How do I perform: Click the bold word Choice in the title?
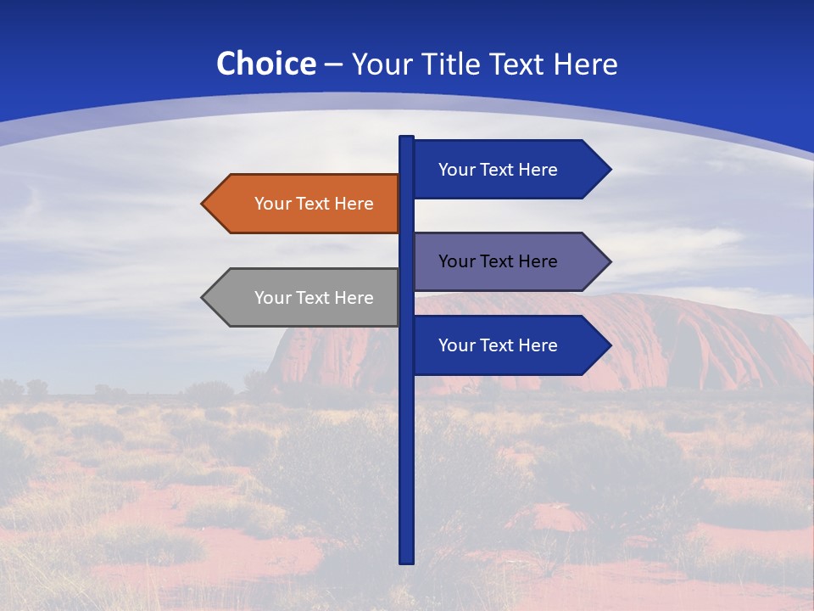(x=265, y=64)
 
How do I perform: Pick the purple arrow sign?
(x=509, y=261)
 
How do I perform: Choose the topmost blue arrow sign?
(x=509, y=169)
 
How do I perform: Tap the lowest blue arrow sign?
(x=509, y=345)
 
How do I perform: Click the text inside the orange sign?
(x=314, y=204)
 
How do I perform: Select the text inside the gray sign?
(x=314, y=298)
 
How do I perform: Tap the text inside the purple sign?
(x=498, y=261)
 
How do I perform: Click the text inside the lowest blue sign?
(x=498, y=345)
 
